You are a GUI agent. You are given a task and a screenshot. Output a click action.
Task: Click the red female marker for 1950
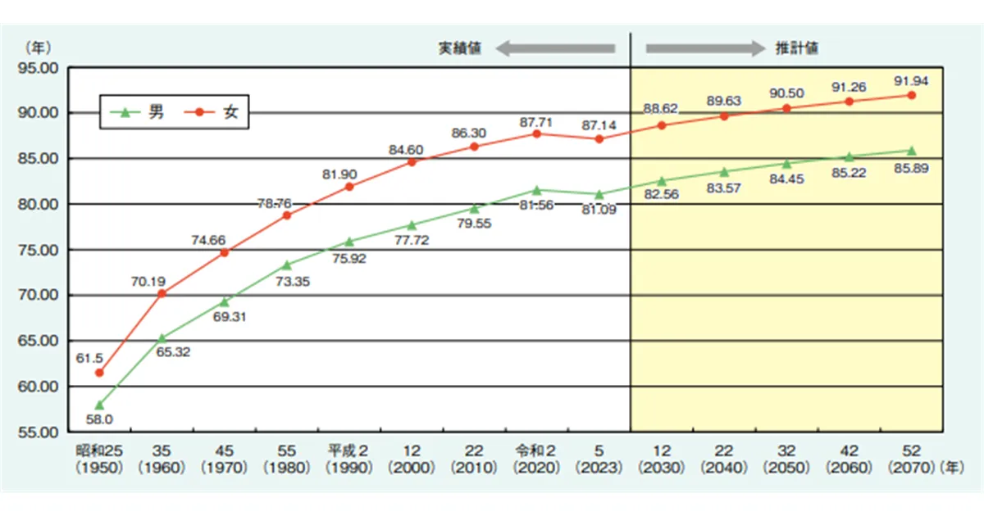coord(99,373)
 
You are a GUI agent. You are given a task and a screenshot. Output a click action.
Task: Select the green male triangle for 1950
coord(99,405)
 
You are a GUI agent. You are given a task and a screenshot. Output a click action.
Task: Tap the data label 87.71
coord(537,120)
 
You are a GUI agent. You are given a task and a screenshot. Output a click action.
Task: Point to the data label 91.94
coord(910,81)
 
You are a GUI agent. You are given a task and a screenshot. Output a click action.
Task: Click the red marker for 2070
coord(911,95)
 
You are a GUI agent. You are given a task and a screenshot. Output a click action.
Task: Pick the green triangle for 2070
coord(911,151)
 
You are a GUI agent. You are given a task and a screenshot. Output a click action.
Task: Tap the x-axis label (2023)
coord(599,468)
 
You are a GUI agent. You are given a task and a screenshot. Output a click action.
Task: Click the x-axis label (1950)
coord(99,468)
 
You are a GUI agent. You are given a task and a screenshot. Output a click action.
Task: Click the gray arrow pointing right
coord(704,48)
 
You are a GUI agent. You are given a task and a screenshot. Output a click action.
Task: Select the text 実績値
coord(458,48)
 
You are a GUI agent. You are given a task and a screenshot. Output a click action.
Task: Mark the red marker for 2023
coord(599,139)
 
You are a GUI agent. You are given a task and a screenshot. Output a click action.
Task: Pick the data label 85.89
coord(910,169)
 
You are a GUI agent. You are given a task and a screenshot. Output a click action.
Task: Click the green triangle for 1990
coord(349,242)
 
